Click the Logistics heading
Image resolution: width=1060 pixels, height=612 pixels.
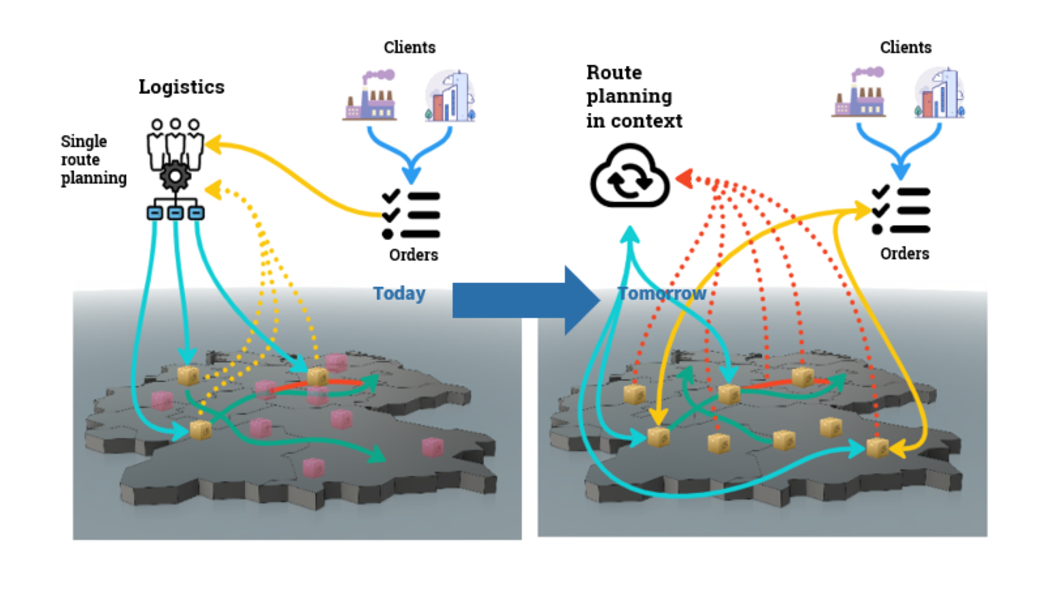[x=181, y=87]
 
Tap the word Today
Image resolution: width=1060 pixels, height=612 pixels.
[x=399, y=294]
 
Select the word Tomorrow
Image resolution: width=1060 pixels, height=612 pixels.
[x=661, y=294]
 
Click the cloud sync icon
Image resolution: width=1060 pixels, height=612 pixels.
[x=629, y=177]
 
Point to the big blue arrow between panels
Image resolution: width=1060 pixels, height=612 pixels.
[x=524, y=300]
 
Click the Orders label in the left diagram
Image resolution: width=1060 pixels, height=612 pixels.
[x=413, y=255]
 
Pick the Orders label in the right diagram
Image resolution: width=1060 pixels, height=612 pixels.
[x=904, y=254]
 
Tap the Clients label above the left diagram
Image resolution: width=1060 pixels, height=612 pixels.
[x=409, y=48]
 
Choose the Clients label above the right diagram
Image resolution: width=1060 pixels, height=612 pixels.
[x=905, y=48]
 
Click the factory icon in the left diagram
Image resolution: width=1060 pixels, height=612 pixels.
[x=371, y=97]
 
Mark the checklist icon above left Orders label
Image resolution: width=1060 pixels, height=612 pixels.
[x=411, y=215]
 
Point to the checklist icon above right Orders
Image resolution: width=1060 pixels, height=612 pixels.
[x=901, y=210]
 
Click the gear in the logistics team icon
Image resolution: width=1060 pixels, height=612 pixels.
[x=176, y=177]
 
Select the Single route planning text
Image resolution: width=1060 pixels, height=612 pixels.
[x=93, y=160]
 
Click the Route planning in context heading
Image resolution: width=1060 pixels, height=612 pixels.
[x=633, y=97]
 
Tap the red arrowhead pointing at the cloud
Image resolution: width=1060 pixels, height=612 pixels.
[x=684, y=178]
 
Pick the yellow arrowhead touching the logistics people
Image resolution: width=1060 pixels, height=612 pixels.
[x=213, y=143]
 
